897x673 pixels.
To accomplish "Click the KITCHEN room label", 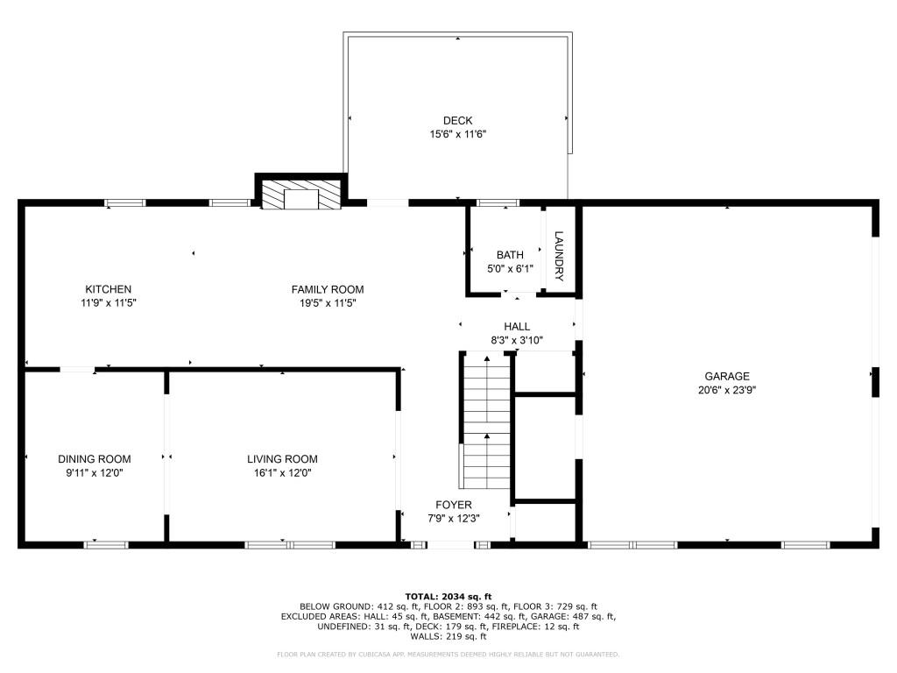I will [108, 289].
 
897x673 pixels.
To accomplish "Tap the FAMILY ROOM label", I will [328, 289].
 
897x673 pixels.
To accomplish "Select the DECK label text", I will [457, 121].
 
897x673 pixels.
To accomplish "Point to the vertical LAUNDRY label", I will [558, 256].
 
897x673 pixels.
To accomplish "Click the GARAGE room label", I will [728, 377].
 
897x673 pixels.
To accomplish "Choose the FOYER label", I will [454, 505].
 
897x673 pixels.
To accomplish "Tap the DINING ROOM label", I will [95, 459].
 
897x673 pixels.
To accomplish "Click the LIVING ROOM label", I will [282, 459].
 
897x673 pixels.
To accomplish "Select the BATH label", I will [510, 255].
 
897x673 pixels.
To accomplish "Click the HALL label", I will [517, 327].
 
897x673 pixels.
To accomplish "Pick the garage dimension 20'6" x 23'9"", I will [728, 391].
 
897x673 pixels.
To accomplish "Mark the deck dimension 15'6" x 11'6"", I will [457, 135].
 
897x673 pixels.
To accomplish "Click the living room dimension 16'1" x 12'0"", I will [282, 473].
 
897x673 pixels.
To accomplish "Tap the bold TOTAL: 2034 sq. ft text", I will [448, 595].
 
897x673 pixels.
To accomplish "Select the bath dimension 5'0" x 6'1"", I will [510, 269].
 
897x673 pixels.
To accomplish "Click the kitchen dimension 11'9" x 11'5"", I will [108, 303].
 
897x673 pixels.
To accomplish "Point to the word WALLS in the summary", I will [414, 637].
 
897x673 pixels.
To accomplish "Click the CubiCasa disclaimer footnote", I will [448, 655].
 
